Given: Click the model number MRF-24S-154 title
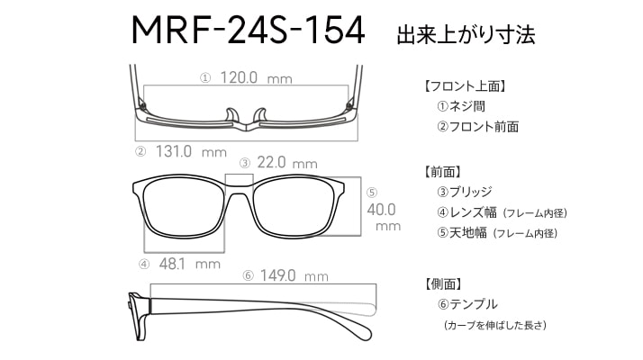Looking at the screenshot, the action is [248, 31].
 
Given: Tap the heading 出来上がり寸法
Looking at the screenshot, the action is [466, 35].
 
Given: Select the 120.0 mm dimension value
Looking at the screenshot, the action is [257, 77].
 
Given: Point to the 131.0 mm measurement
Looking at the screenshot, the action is [191, 152].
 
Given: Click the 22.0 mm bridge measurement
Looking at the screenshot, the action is [287, 163].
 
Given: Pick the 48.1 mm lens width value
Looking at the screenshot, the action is [190, 264].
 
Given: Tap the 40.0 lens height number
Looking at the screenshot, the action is [381, 210].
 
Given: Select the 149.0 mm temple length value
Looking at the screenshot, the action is [294, 275].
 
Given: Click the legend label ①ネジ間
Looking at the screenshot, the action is [461, 106].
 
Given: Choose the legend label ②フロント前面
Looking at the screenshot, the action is [477, 127].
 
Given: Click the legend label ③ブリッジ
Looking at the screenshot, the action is [464, 192].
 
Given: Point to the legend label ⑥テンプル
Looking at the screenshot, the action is [467, 304].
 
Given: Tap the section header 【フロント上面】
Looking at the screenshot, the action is [465, 86].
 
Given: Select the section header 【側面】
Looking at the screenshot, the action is [444, 283].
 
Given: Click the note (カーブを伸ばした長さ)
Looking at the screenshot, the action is [495, 325].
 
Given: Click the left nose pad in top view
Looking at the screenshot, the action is [231, 115].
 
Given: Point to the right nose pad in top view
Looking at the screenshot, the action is [260, 115].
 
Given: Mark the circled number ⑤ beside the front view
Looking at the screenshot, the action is [372, 193].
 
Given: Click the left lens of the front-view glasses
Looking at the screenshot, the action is [184, 207].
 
